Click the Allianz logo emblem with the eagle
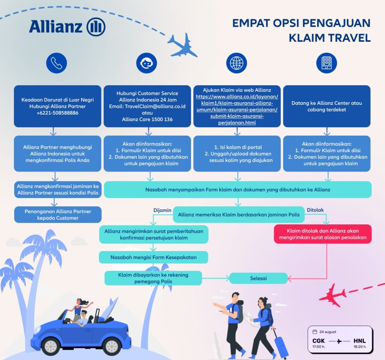[x=96, y=27]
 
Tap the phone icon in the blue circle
[x=56, y=63]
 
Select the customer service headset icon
[x=146, y=63]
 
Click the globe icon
[x=237, y=63]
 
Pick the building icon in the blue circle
[x=326, y=63]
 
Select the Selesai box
[x=258, y=278]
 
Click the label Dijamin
[x=162, y=210]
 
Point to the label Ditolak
[x=315, y=210]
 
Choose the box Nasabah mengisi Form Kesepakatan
[x=153, y=257]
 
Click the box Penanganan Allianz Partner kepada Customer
[x=58, y=215]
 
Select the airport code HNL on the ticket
[x=360, y=341]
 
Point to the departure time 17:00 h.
[x=319, y=347]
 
